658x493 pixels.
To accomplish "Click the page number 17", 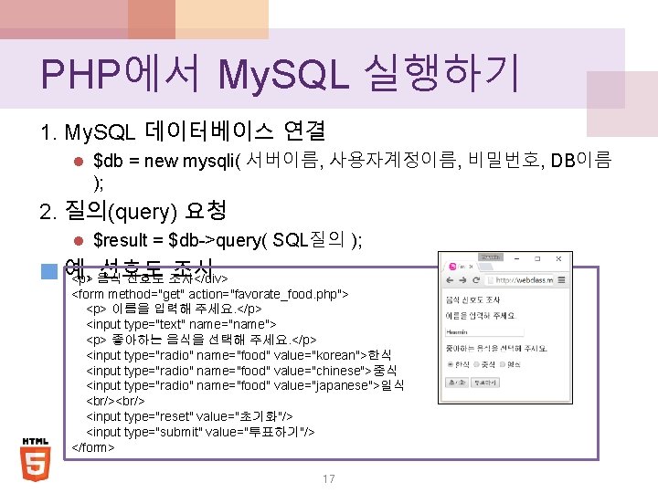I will pos(328,478).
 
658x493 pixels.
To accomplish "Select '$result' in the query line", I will pos(122,240).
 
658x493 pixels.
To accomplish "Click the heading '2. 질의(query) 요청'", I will pos(133,212).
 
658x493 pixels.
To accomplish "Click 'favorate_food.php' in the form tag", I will pos(275,293).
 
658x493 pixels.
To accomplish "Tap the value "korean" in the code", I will pos(338,354).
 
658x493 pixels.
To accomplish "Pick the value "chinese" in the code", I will pos(338,370).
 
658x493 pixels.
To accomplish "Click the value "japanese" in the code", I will pos(344,385).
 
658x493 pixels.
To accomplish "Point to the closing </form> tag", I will pos(93,447).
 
